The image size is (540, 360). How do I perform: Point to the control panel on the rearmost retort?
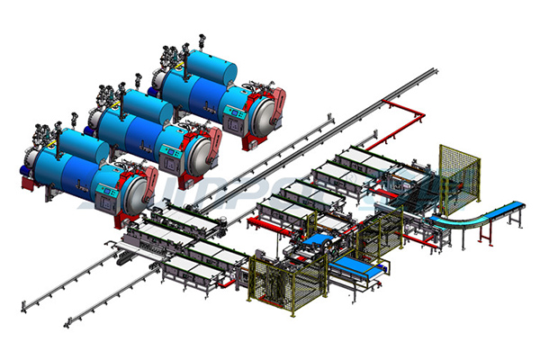[x=233, y=110]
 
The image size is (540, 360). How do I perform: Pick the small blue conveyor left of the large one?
[x=316, y=240]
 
